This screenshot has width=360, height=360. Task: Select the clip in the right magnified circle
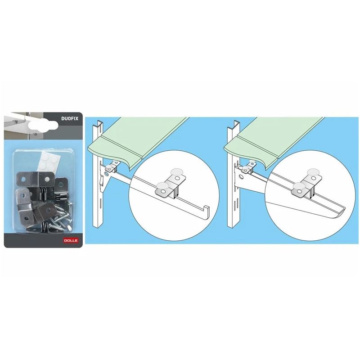tap(304, 188)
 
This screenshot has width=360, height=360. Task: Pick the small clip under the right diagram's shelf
tap(246, 168)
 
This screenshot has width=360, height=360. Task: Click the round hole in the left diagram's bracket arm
tap(106, 172)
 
